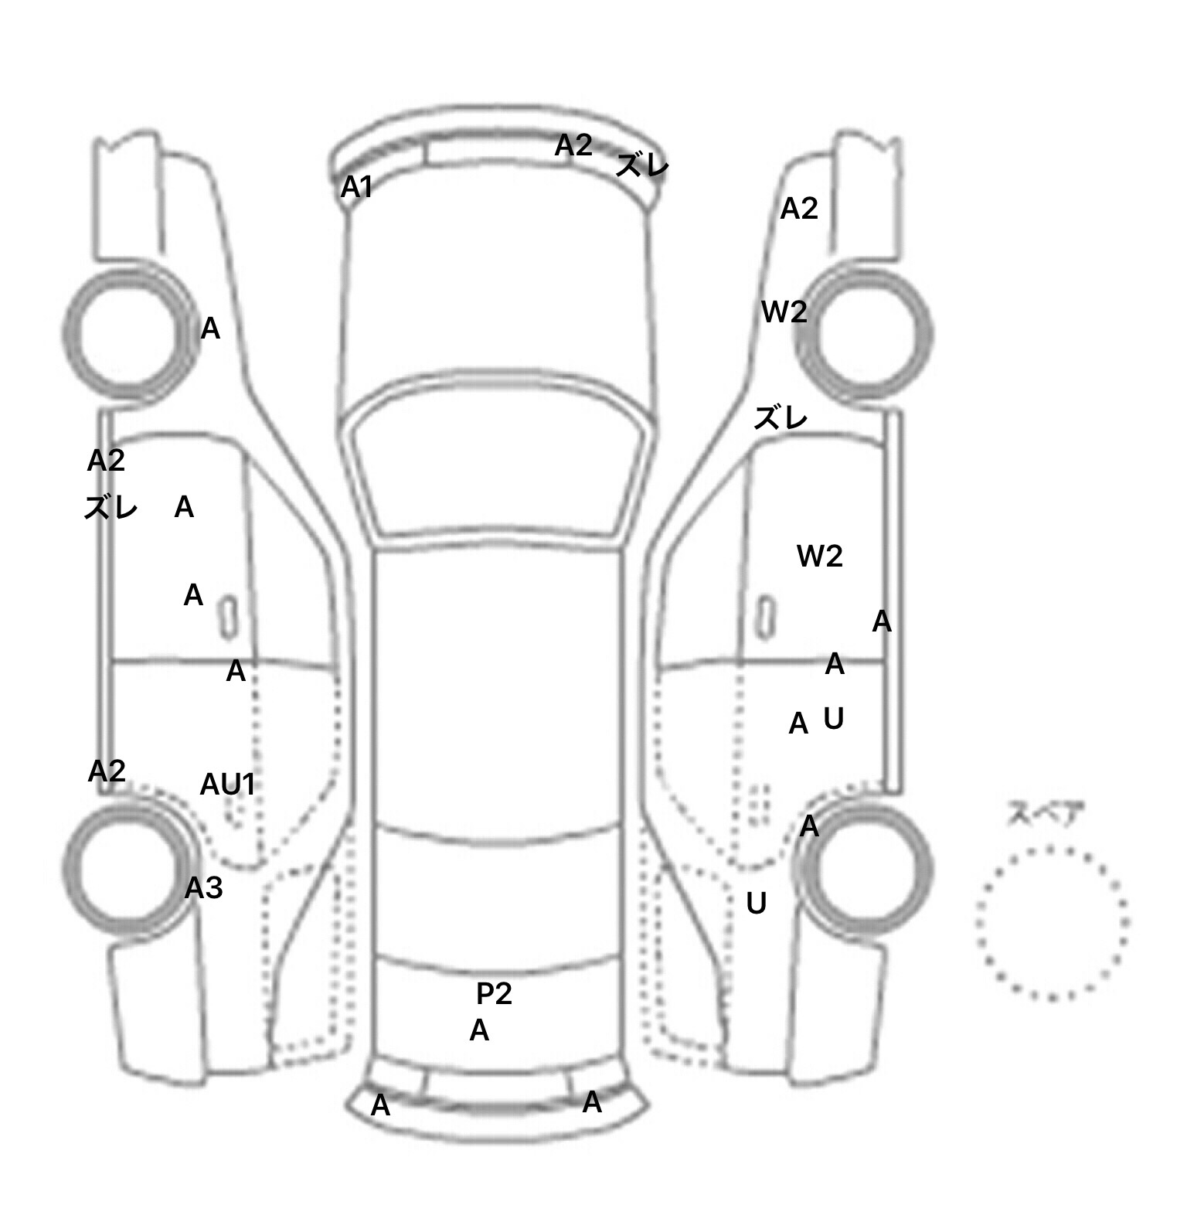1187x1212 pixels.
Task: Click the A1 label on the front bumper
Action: [357, 187]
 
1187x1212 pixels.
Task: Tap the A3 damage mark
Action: [204, 888]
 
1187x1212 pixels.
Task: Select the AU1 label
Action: [227, 785]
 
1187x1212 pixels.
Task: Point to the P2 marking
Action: [494, 994]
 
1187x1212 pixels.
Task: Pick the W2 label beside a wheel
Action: [784, 312]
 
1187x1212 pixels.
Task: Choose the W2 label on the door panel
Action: [820, 556]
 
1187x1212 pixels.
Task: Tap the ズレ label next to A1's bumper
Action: [642, 165]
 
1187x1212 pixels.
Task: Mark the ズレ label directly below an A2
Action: [111, 508]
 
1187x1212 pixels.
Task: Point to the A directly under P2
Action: [479, 1030]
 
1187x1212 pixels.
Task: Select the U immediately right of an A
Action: [833, 719]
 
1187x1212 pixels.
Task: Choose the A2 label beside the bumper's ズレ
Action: [573, 145]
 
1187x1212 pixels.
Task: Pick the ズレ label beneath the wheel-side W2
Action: [781, 418]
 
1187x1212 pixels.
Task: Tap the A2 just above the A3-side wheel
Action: [107, 771]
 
